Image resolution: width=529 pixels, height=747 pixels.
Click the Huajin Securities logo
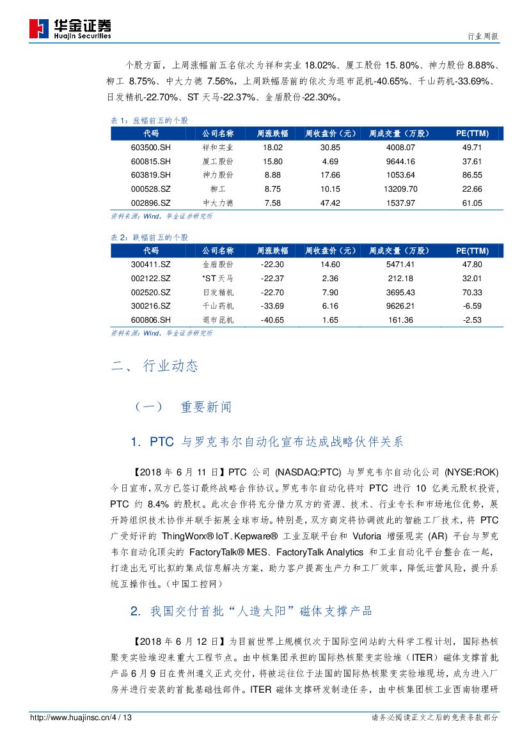coord(70,28)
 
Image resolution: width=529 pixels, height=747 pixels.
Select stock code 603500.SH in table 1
coord(151,147)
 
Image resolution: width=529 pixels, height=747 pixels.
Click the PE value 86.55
coord(472,175)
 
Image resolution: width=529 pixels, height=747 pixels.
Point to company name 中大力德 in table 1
coord(217,203)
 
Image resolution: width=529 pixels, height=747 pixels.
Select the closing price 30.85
coord(330,147)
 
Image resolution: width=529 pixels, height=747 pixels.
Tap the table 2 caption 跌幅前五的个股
coord(150,237)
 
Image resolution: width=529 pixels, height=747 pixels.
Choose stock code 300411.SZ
coord(151,264)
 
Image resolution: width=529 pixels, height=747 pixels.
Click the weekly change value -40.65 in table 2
coord(272,320)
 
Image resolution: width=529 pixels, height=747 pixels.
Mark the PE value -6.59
coord(472,306)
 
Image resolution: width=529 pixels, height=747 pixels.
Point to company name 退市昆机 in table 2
coord(217,320)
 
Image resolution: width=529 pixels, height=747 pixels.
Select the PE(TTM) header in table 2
coord(472,250)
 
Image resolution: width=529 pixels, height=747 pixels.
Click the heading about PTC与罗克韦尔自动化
coord(267,442)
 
